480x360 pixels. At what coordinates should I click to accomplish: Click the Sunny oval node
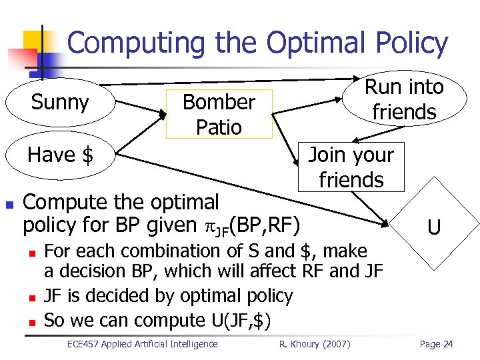coord(60,103)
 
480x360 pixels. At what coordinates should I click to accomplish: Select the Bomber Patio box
coord(219,114)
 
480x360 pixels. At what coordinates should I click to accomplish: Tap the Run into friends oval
coord(404,99)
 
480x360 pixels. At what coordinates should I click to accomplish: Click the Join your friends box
coord(351,167)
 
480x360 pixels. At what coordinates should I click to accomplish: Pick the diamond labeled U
coord(433,228)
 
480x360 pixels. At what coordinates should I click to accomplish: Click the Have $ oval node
coord(60,155)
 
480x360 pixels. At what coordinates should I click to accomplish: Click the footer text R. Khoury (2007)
coord(314,344)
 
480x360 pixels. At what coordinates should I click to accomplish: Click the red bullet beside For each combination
coord(31,252)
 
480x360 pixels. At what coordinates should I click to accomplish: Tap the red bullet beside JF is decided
coord(31,296)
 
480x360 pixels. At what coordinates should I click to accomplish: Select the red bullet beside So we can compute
coord(31,321)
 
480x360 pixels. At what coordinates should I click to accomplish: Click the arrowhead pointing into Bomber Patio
coord(162,115)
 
